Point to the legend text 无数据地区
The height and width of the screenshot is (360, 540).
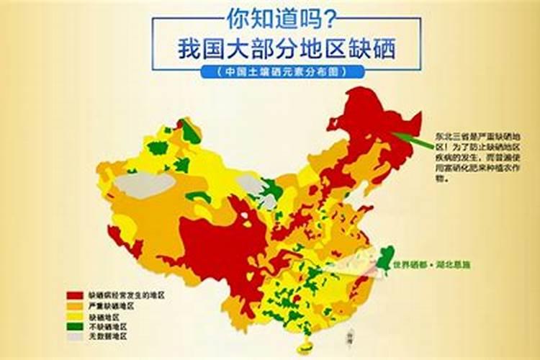click(107, 336)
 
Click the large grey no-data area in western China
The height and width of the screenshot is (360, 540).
click(144, 184)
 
